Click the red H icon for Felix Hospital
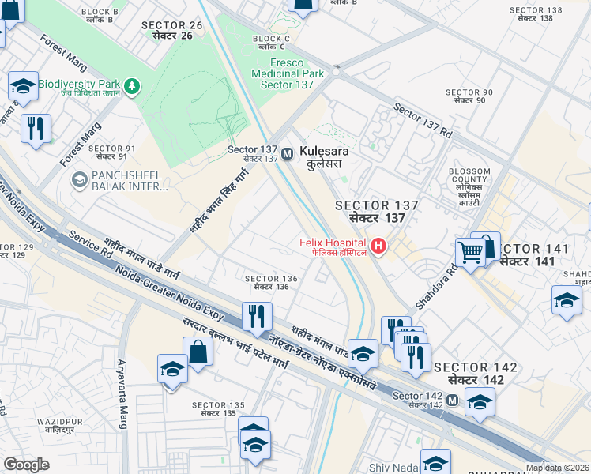tap(378, 246)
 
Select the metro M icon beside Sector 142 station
tap(451, 401)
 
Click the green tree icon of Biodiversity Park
tap(133, 84)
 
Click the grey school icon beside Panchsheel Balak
tap(79, 180)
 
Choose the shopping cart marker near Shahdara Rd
tap(470, 253)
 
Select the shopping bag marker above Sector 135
tap(198, 351)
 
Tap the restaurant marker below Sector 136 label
tap(257, 316)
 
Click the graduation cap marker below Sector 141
tap(567, 300)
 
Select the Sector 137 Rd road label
tap(422, 122)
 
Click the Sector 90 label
tap(469, 96)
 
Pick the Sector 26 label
tap(172, 30)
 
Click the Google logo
tap(26, 465)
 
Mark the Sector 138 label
tap(536, 14)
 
